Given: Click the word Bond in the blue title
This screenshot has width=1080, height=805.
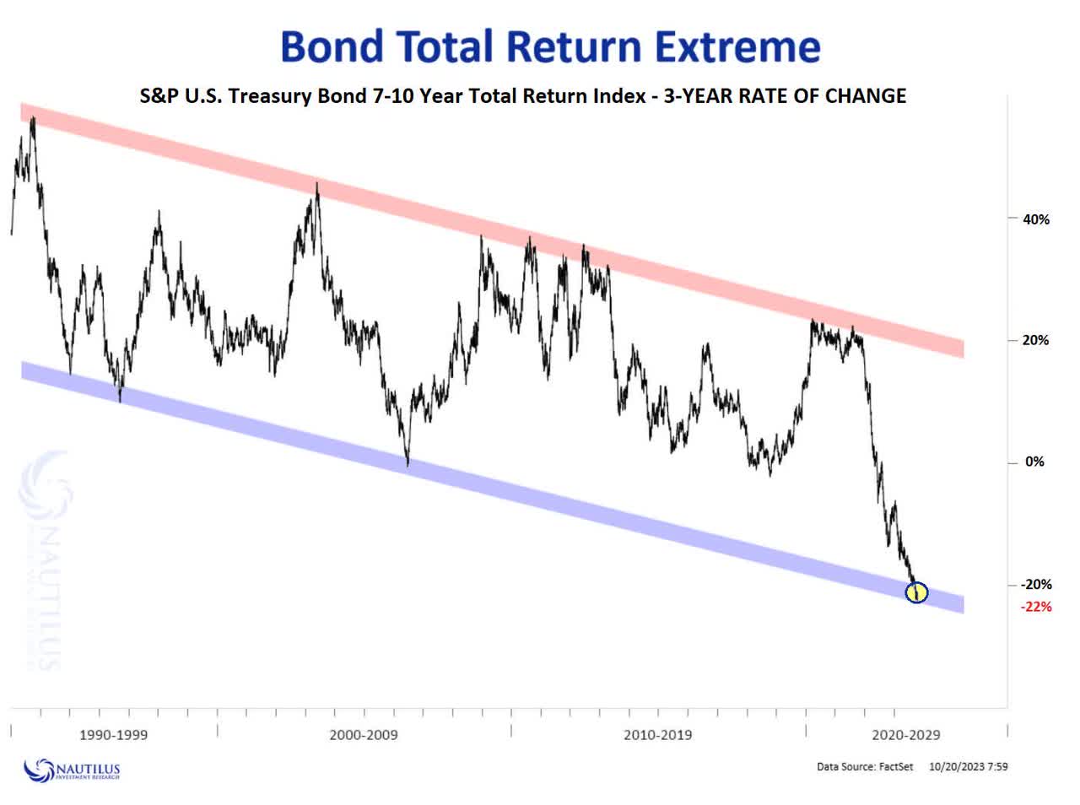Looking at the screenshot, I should [332, 46].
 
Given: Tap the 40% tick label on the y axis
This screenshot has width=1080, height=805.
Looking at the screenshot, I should [1035, 219].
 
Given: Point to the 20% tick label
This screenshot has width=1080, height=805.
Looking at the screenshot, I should [1035, 341].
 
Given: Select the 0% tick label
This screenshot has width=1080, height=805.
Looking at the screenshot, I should [1034, 462].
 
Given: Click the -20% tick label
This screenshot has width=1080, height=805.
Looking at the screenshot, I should [1035, 585].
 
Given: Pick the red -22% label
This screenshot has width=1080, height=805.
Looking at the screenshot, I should [1035, 607].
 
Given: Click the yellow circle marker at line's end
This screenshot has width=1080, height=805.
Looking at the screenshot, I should [916, 592].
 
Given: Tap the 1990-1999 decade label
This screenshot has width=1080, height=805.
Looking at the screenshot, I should [114, 735].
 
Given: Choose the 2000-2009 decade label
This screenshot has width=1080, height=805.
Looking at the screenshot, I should [364, 735].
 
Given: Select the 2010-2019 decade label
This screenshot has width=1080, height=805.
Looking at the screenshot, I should [657, 735].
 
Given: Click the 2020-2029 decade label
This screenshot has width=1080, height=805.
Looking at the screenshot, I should [905, 735].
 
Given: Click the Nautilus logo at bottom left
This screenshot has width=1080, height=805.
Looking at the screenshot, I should [73, 770].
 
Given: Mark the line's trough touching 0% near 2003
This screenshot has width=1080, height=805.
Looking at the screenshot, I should [408, 463].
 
